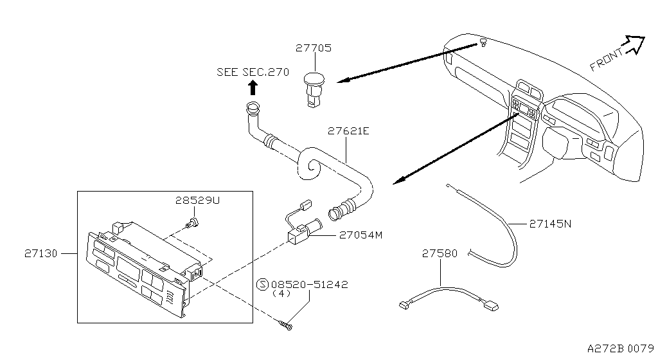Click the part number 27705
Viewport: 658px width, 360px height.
coord(314,48)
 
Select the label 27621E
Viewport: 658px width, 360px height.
coord(348,130)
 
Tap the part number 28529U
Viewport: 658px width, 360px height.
coord(197,200)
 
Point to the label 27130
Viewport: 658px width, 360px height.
coord(40,254)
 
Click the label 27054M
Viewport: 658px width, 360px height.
coord(361,235)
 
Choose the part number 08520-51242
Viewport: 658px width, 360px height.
coord(310,284)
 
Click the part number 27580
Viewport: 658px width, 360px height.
coord(440,254)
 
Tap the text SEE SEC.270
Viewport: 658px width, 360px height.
coord(253,72)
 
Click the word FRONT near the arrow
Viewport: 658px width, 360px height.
coord(606,59)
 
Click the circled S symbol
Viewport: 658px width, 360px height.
coord(262,284)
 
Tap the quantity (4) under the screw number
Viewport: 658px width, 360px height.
coord(281,294)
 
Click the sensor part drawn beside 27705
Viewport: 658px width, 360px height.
coord(313,86)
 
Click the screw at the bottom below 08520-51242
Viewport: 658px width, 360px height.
coord(287,327)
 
